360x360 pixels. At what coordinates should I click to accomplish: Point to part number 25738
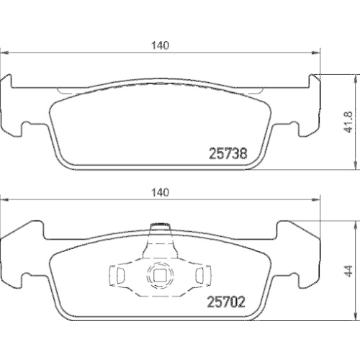[228, 153]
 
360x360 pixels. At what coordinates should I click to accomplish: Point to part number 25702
[228, 303]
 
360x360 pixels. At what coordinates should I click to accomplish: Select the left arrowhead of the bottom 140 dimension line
[4, 199]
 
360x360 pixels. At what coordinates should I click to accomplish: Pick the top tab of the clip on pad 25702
[159, 230]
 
